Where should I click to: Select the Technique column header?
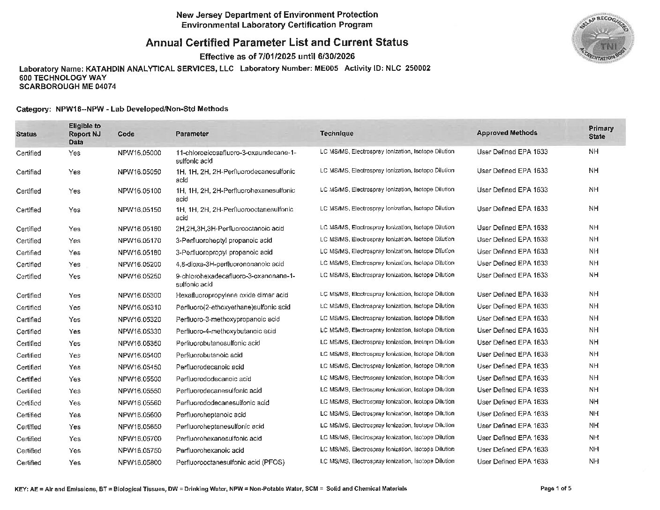pos(337,134)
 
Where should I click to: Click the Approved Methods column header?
pos(507,133)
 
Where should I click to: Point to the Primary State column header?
pos(600,133)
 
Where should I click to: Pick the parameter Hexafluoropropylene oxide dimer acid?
pos(232,295)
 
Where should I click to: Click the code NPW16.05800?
pos(139,463)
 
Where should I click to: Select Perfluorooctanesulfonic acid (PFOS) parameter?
pos(230,463)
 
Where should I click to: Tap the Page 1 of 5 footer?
pos(555,488)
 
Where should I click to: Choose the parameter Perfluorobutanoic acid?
pos(209,355)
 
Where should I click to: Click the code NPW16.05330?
pos(139,331)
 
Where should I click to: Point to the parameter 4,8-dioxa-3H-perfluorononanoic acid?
pos(230,264)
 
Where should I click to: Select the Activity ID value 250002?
pos(417,68)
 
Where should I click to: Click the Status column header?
pos(26,134)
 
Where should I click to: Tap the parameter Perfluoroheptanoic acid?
pos(210,415)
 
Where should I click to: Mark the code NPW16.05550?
pos(139,391)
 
